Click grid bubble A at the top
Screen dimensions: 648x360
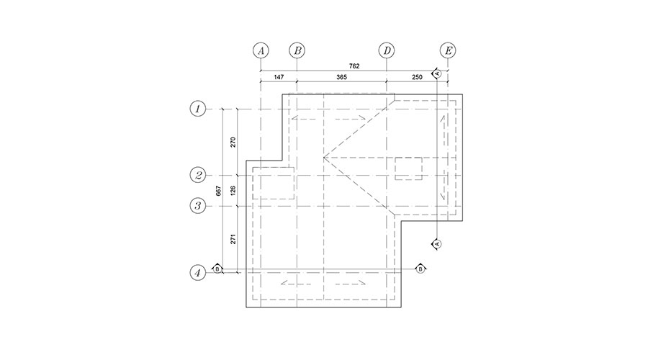coord(261,51)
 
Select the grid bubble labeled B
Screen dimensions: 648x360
coord(297,51)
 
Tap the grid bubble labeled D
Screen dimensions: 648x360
coord(387,51)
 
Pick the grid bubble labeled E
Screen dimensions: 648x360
coord(448,51)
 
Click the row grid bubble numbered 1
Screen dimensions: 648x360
coord(198,109)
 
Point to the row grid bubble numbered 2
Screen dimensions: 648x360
coord(198,175)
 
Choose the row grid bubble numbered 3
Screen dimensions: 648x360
coord(198,206)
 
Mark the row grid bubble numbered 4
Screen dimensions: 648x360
coord(198,273)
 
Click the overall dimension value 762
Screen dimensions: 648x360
coord(354,66)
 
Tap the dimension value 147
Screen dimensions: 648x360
coord(279,77)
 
